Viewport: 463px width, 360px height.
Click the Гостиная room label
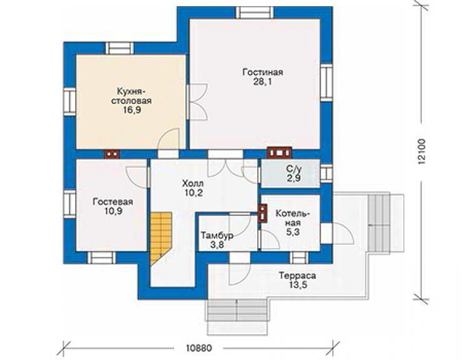pos(263,73)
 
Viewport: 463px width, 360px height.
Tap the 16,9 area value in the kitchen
pos(131,110)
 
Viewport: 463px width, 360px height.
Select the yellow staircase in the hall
pos(161,239)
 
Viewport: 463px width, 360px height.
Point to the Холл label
pos(193,183)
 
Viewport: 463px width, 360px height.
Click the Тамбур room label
pos(217,235)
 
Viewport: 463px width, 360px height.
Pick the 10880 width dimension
pos(199,348)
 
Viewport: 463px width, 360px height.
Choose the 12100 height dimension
pos(422,152)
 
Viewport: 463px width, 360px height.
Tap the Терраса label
pos(297,276)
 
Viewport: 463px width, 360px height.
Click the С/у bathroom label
pos(294,170)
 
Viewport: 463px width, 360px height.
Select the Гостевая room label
pos(113,202)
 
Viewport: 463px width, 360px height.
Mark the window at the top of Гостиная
pos(255,13)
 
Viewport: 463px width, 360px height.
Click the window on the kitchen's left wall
pos(70,101)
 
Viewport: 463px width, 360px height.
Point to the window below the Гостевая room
pos(101,257)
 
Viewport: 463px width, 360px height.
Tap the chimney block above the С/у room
pos(279,153)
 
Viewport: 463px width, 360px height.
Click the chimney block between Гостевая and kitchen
pos(112,154)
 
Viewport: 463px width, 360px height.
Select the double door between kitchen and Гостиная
pos(197,102)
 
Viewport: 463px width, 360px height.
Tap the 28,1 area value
pos(263,82)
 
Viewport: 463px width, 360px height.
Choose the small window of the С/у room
pos(326,173)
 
